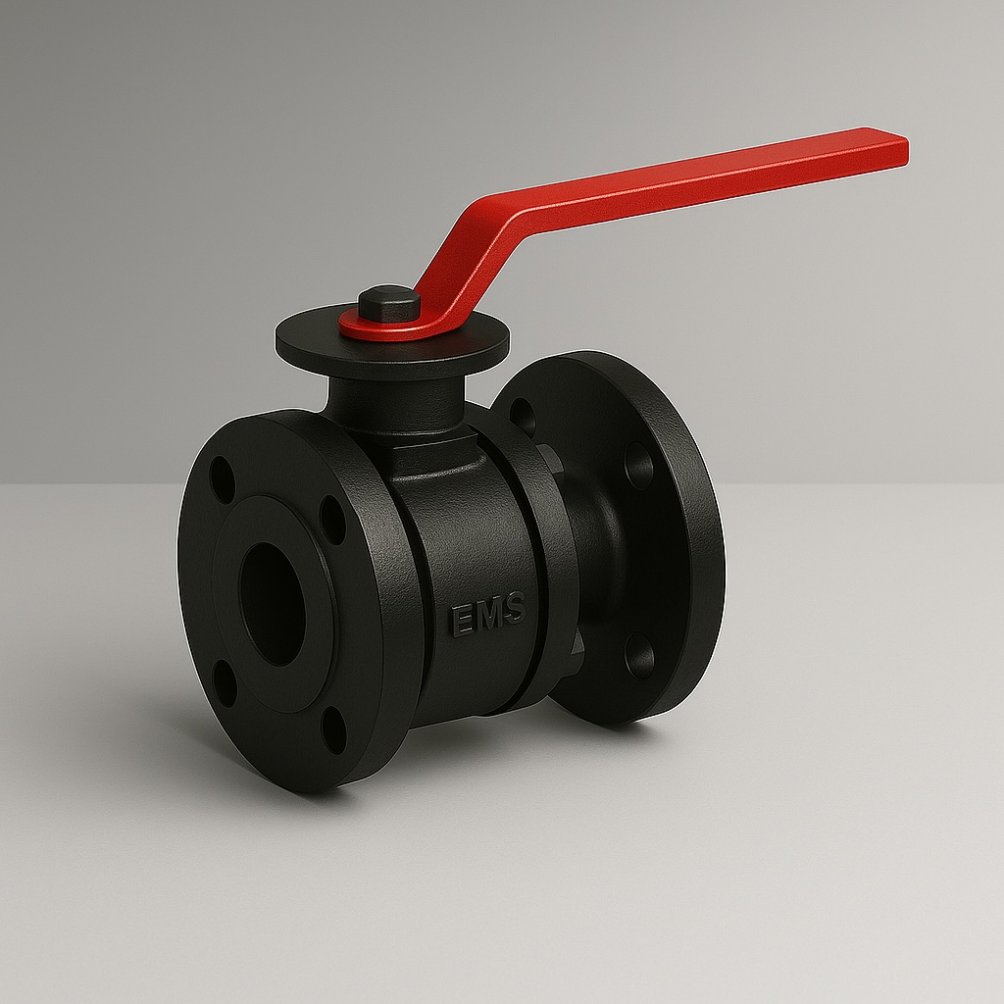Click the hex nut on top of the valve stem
388,303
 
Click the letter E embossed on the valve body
462,620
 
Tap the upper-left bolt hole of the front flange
222,479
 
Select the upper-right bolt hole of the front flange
333,520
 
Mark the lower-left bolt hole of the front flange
225,683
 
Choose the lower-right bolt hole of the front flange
334,729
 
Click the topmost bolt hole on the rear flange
524,416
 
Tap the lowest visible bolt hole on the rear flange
639,656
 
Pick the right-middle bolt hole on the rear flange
639,465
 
